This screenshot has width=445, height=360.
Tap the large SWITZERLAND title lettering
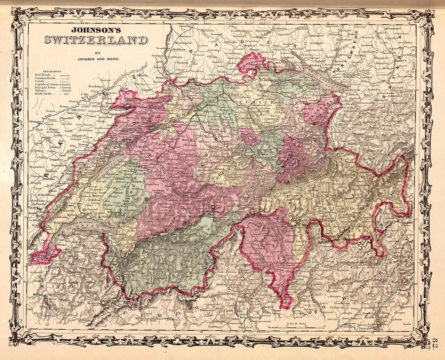pyautogui.click(x=95, y=40)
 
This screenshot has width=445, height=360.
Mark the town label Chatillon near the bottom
pyautogui.click(x=172, y=319)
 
